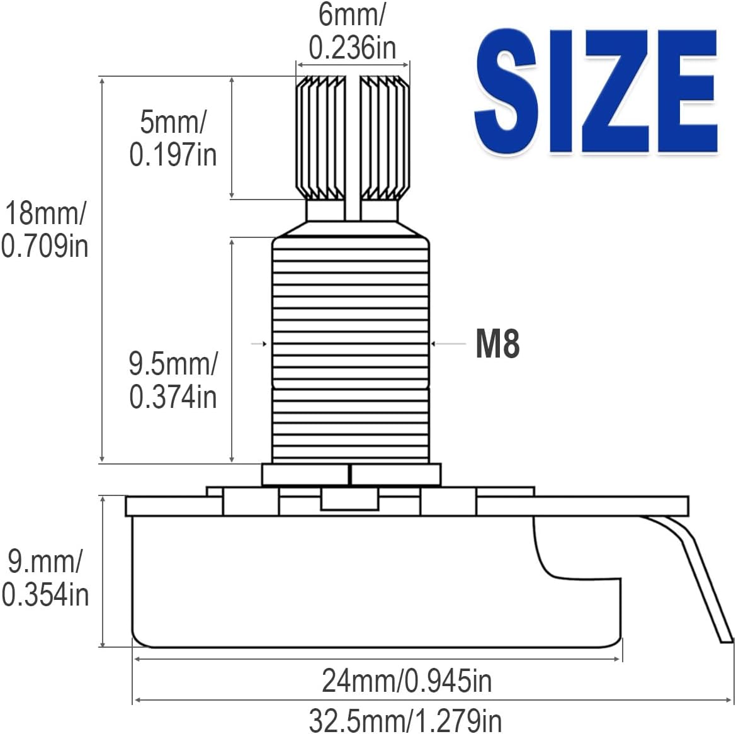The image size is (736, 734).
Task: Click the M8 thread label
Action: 497,344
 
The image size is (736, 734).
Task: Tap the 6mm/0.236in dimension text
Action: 353,31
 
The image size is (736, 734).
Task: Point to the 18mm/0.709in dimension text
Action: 45,229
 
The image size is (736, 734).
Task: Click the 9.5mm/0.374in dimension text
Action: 173,380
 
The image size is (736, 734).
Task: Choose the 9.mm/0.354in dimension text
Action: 45,578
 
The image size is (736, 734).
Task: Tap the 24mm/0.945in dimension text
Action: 407,680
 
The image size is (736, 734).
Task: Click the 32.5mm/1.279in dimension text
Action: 405,720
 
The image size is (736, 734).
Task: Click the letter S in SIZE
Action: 506,92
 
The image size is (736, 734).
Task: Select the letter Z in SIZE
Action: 616,92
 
